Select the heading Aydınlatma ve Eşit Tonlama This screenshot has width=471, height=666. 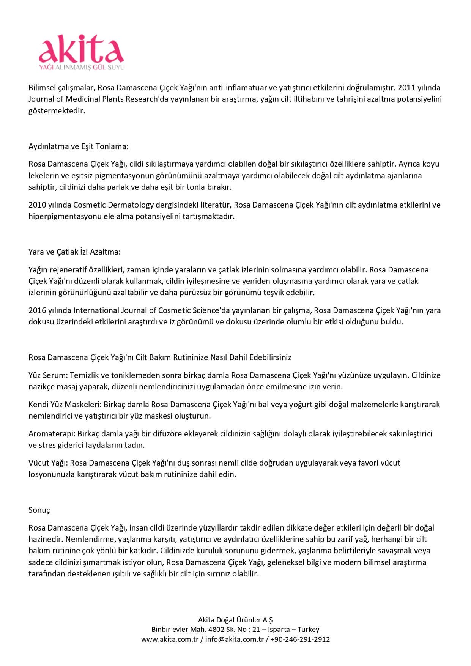79,146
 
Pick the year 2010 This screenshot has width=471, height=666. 37,205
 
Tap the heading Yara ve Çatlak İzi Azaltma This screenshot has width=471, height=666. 74,252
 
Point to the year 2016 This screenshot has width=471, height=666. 37,310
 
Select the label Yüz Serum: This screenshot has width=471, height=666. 48,375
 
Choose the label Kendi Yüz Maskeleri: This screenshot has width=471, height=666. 65,405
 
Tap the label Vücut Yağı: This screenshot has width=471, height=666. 48,463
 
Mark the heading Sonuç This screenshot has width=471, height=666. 39,510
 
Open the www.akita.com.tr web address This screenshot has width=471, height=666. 170,639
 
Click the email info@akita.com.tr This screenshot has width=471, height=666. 235,639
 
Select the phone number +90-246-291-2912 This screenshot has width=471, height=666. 300,639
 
